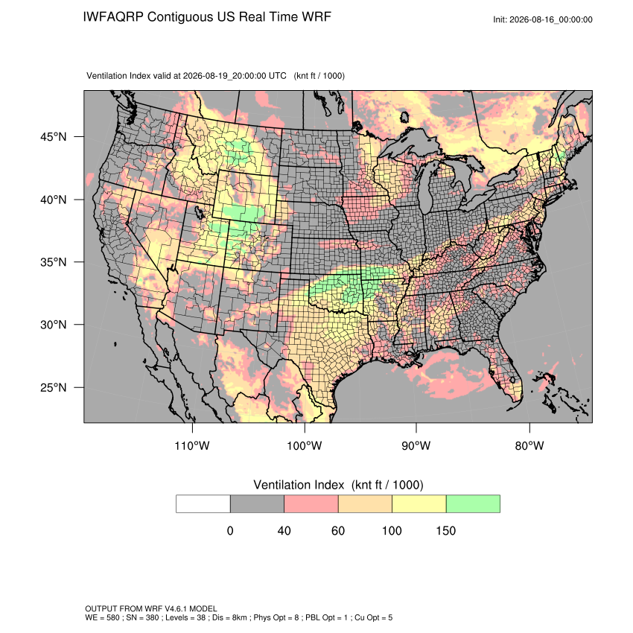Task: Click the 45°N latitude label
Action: tap(54, 137)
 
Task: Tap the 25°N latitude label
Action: tap(54, 387)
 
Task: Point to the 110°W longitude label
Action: tap(192, 445)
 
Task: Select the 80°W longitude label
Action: tap(529, 445)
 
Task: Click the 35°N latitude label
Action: tap(54, 262)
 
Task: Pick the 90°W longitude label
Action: tap(416, 445)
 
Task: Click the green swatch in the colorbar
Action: tap(473, 504)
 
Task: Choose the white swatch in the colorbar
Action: tap(203, 504)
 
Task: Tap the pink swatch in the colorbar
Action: tap(311, 504)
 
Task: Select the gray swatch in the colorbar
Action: tap(257, 504)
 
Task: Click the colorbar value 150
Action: tap(445, 530)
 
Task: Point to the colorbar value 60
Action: tap(338, 530)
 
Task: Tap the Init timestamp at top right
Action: tap(543, 19)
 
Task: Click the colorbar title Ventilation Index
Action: tap(299, 485)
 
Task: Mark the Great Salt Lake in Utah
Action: tap(197, 212)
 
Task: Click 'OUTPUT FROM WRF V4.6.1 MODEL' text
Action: tap(151, 608)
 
